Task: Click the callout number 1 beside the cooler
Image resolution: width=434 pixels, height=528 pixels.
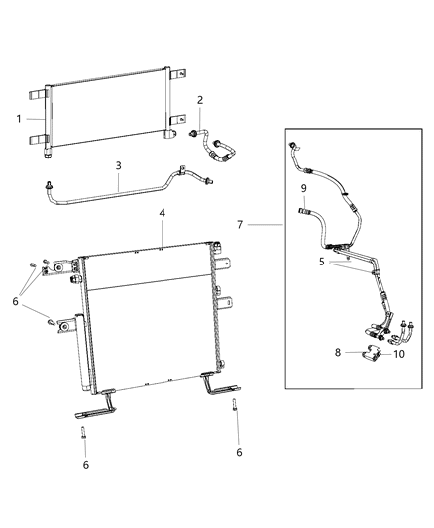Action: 19,118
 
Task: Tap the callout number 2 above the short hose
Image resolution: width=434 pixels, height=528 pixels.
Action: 200,100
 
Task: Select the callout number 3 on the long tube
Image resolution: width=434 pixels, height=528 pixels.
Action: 118,166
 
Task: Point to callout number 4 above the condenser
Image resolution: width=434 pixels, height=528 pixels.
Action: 161,212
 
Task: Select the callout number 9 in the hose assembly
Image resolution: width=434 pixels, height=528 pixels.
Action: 304,186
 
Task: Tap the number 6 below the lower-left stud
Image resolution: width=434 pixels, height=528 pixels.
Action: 85,465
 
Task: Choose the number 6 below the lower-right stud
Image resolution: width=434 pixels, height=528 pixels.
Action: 238,452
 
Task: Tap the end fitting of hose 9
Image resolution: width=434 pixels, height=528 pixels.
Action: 304,209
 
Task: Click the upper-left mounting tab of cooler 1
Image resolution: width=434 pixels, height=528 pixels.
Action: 37,94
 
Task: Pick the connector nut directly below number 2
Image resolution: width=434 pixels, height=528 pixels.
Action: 188,132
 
